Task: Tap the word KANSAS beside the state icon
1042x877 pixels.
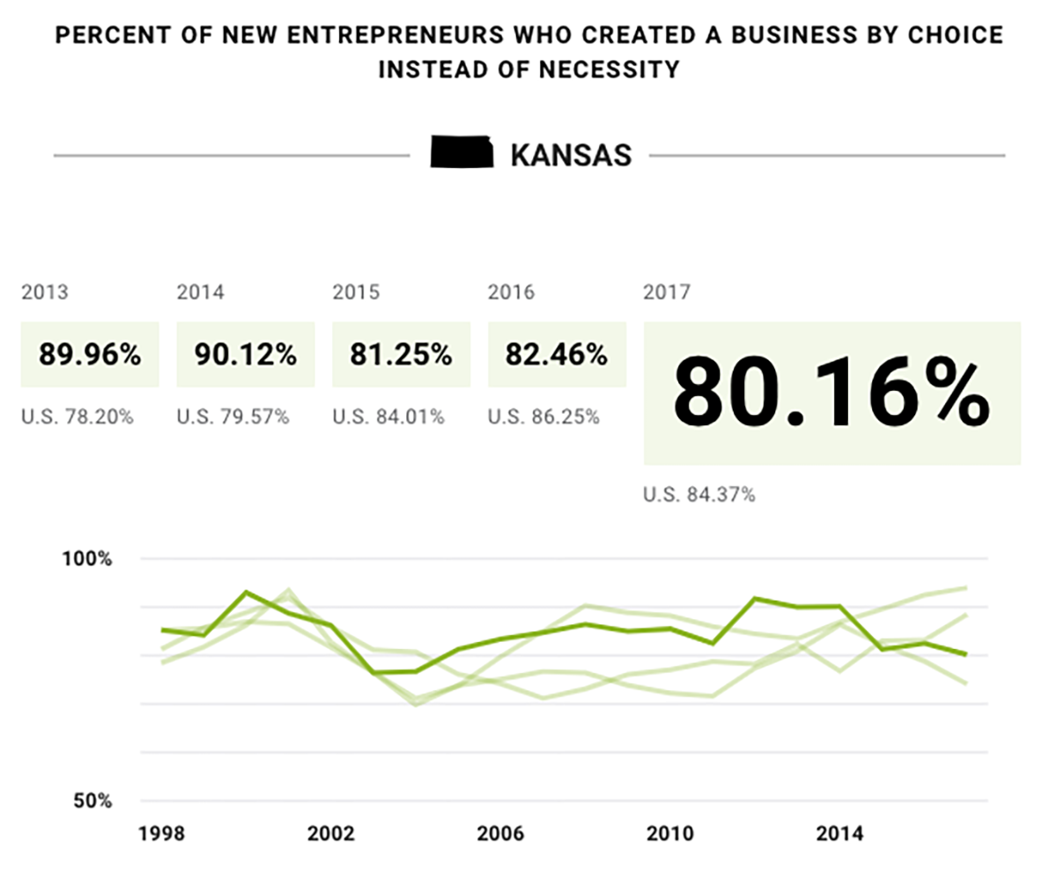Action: [x=571, y=156]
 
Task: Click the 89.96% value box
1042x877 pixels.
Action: [x=90, y=355]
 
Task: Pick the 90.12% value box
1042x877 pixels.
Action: [x=246, y=355]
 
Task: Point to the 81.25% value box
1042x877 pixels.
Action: [x=401, y=355]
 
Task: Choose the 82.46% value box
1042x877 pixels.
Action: [x=557, y=355]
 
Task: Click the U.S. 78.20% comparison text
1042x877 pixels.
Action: [x=78, y=416]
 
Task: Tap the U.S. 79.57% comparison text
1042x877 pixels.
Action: [x=233, y=416]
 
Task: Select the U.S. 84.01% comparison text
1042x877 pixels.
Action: [x=388, y=416]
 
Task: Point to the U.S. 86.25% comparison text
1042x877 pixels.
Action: [x=544, y=416]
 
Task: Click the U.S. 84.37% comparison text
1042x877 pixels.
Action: [x=699, y=495]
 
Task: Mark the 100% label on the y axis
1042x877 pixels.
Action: [x=88, y=559]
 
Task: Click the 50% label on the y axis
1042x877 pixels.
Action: [x=92, y=801]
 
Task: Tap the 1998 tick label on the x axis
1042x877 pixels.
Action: [x=162, y=833]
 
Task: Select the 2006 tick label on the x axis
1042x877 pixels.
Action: [x=499, y=833]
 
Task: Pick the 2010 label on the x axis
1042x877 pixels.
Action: [x=668, y=833]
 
